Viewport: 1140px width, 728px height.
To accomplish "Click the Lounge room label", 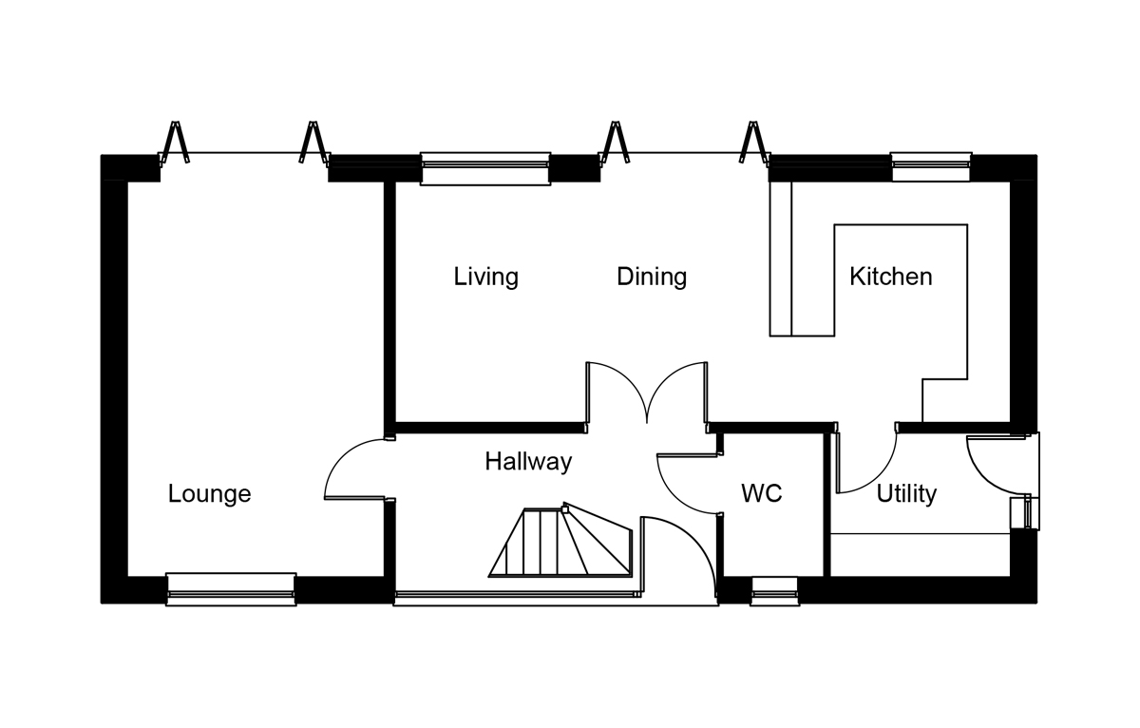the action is [209, 494].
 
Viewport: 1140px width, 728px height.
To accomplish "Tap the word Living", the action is [485, 277].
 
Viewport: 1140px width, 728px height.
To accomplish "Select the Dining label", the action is [652, 277].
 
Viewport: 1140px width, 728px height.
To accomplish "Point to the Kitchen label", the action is [891, 277].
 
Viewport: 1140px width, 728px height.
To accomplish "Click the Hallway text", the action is [528, 462].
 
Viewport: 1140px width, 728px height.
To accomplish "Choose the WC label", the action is [761, 493].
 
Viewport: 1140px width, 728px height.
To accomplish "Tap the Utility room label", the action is [906, 494].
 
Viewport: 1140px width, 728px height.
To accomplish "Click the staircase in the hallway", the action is [560, 541].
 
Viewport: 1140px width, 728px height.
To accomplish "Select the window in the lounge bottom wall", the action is [231, 589].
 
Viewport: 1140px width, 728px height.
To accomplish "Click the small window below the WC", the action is [774, 591].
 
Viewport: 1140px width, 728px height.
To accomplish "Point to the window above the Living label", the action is [485, 168].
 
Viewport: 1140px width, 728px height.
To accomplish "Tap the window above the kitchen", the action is [931, 166].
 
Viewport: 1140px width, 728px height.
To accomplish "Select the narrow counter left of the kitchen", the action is [781, 259].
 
